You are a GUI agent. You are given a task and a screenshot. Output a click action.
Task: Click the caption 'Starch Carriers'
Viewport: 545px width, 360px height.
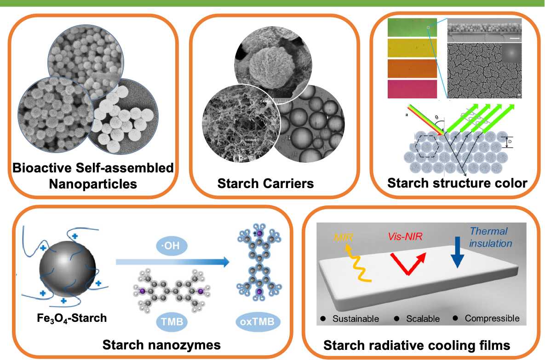(265, 184)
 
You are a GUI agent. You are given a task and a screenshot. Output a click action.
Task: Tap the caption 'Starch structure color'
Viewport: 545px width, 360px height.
(457, 183)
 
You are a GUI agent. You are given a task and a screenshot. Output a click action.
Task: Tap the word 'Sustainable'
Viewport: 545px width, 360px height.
(356, 319)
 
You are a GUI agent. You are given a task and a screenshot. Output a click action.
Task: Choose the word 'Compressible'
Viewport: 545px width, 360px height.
(492, 319)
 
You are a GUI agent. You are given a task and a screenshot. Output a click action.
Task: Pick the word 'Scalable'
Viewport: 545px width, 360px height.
(423, 319)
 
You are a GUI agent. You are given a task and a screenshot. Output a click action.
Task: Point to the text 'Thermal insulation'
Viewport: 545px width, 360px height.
(488, 237)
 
